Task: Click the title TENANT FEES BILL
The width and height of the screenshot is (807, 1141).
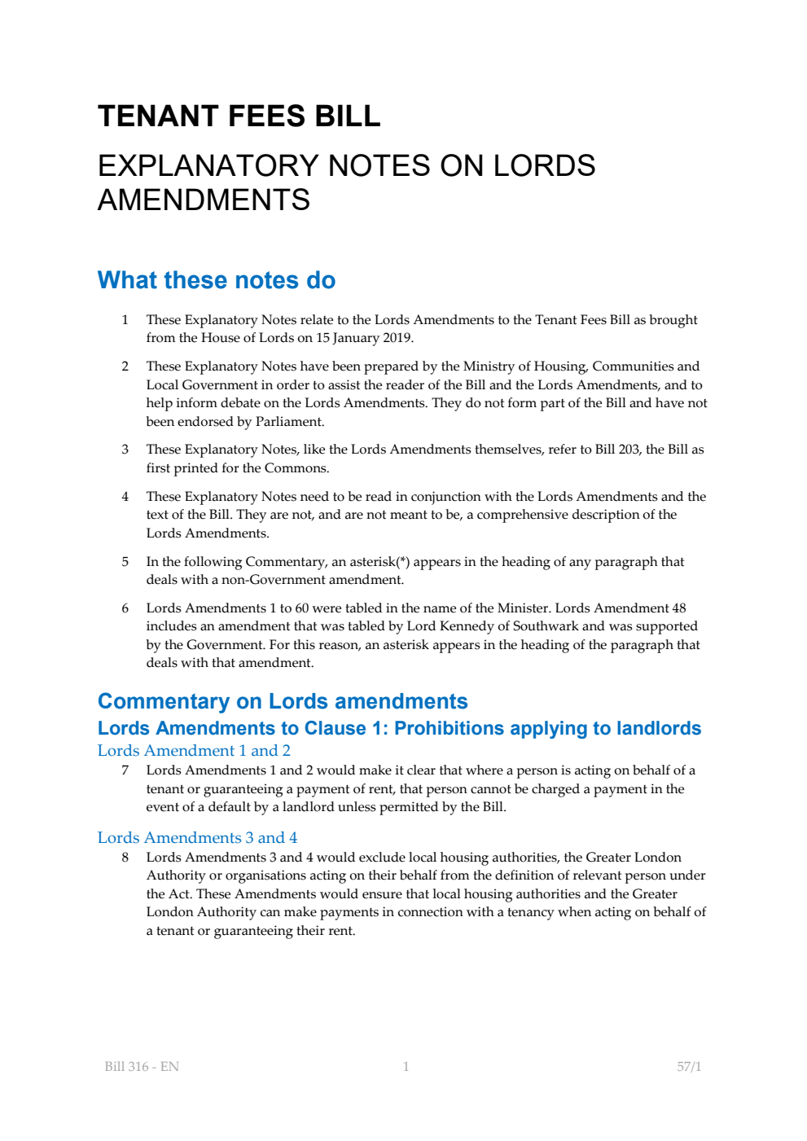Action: pyautogui.click(x=239, y=116)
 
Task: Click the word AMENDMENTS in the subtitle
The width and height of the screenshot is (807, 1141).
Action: pyautogui.click(x=204, y=200)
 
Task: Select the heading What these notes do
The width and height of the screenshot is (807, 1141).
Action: pyautogui.click(x=216, y=280)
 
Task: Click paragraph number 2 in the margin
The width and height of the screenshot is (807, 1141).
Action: pyautogui.click(x=125, y=366)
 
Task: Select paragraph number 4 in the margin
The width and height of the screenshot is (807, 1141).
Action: pyautogui.click(x=125, y=497)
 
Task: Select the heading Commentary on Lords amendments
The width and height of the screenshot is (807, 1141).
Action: pyautogui.click(x=282, y=701)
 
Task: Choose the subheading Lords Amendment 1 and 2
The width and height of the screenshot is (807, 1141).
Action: pyautogui.click(x=194, y=751)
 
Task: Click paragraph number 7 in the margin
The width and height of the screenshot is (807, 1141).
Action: pyautogui.click(x=125, y=770)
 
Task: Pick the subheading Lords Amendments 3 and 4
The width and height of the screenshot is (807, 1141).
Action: pyautogui.click(x=197, y=838)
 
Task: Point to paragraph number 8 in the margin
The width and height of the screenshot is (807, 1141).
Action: pyautogui.click(x=125, y=858)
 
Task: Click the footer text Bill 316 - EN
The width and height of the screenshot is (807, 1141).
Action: pyautogui.click(x=142, y=1067)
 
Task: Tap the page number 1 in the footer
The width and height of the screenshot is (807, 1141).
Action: pyautogui.click(x=406, y=1067)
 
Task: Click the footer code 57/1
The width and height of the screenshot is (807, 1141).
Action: pyautogui.click(x=689, y=1067)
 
